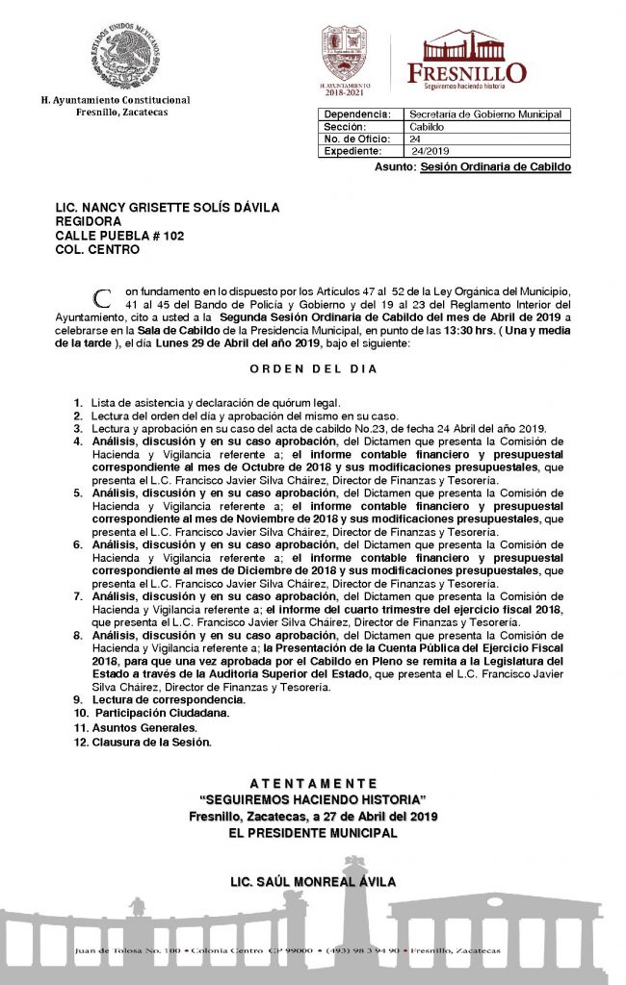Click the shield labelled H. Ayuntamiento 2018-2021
[x=344, y=55]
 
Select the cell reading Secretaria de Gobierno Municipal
[x=484, y=114]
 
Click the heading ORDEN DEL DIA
[x=314, y=369]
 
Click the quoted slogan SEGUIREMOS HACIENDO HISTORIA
[x=312, y=800]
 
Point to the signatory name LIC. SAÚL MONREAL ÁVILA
[x=312, y=881]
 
